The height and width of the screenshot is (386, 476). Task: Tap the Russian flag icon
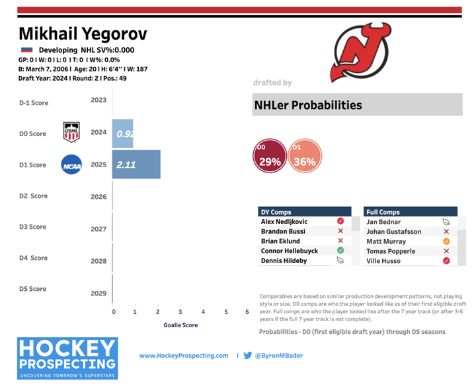[26, 50]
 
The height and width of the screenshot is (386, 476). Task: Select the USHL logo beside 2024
[71, 132]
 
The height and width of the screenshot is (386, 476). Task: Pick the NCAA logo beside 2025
[71, 164]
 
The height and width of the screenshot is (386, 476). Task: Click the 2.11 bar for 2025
[136, 165]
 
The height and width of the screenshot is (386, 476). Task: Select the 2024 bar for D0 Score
[123, 133]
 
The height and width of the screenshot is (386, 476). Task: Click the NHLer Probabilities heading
[308, 105]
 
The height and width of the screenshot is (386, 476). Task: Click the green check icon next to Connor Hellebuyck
[340, 251]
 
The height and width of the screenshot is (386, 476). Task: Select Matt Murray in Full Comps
[387, 241]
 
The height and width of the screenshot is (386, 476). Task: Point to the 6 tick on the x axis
[247, 312]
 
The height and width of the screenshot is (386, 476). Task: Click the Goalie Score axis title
[180, 325]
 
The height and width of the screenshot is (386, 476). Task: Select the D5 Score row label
[33, 289]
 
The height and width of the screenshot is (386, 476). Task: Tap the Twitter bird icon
[248, 356]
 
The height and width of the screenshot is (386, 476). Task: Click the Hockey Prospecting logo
[67, 358]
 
